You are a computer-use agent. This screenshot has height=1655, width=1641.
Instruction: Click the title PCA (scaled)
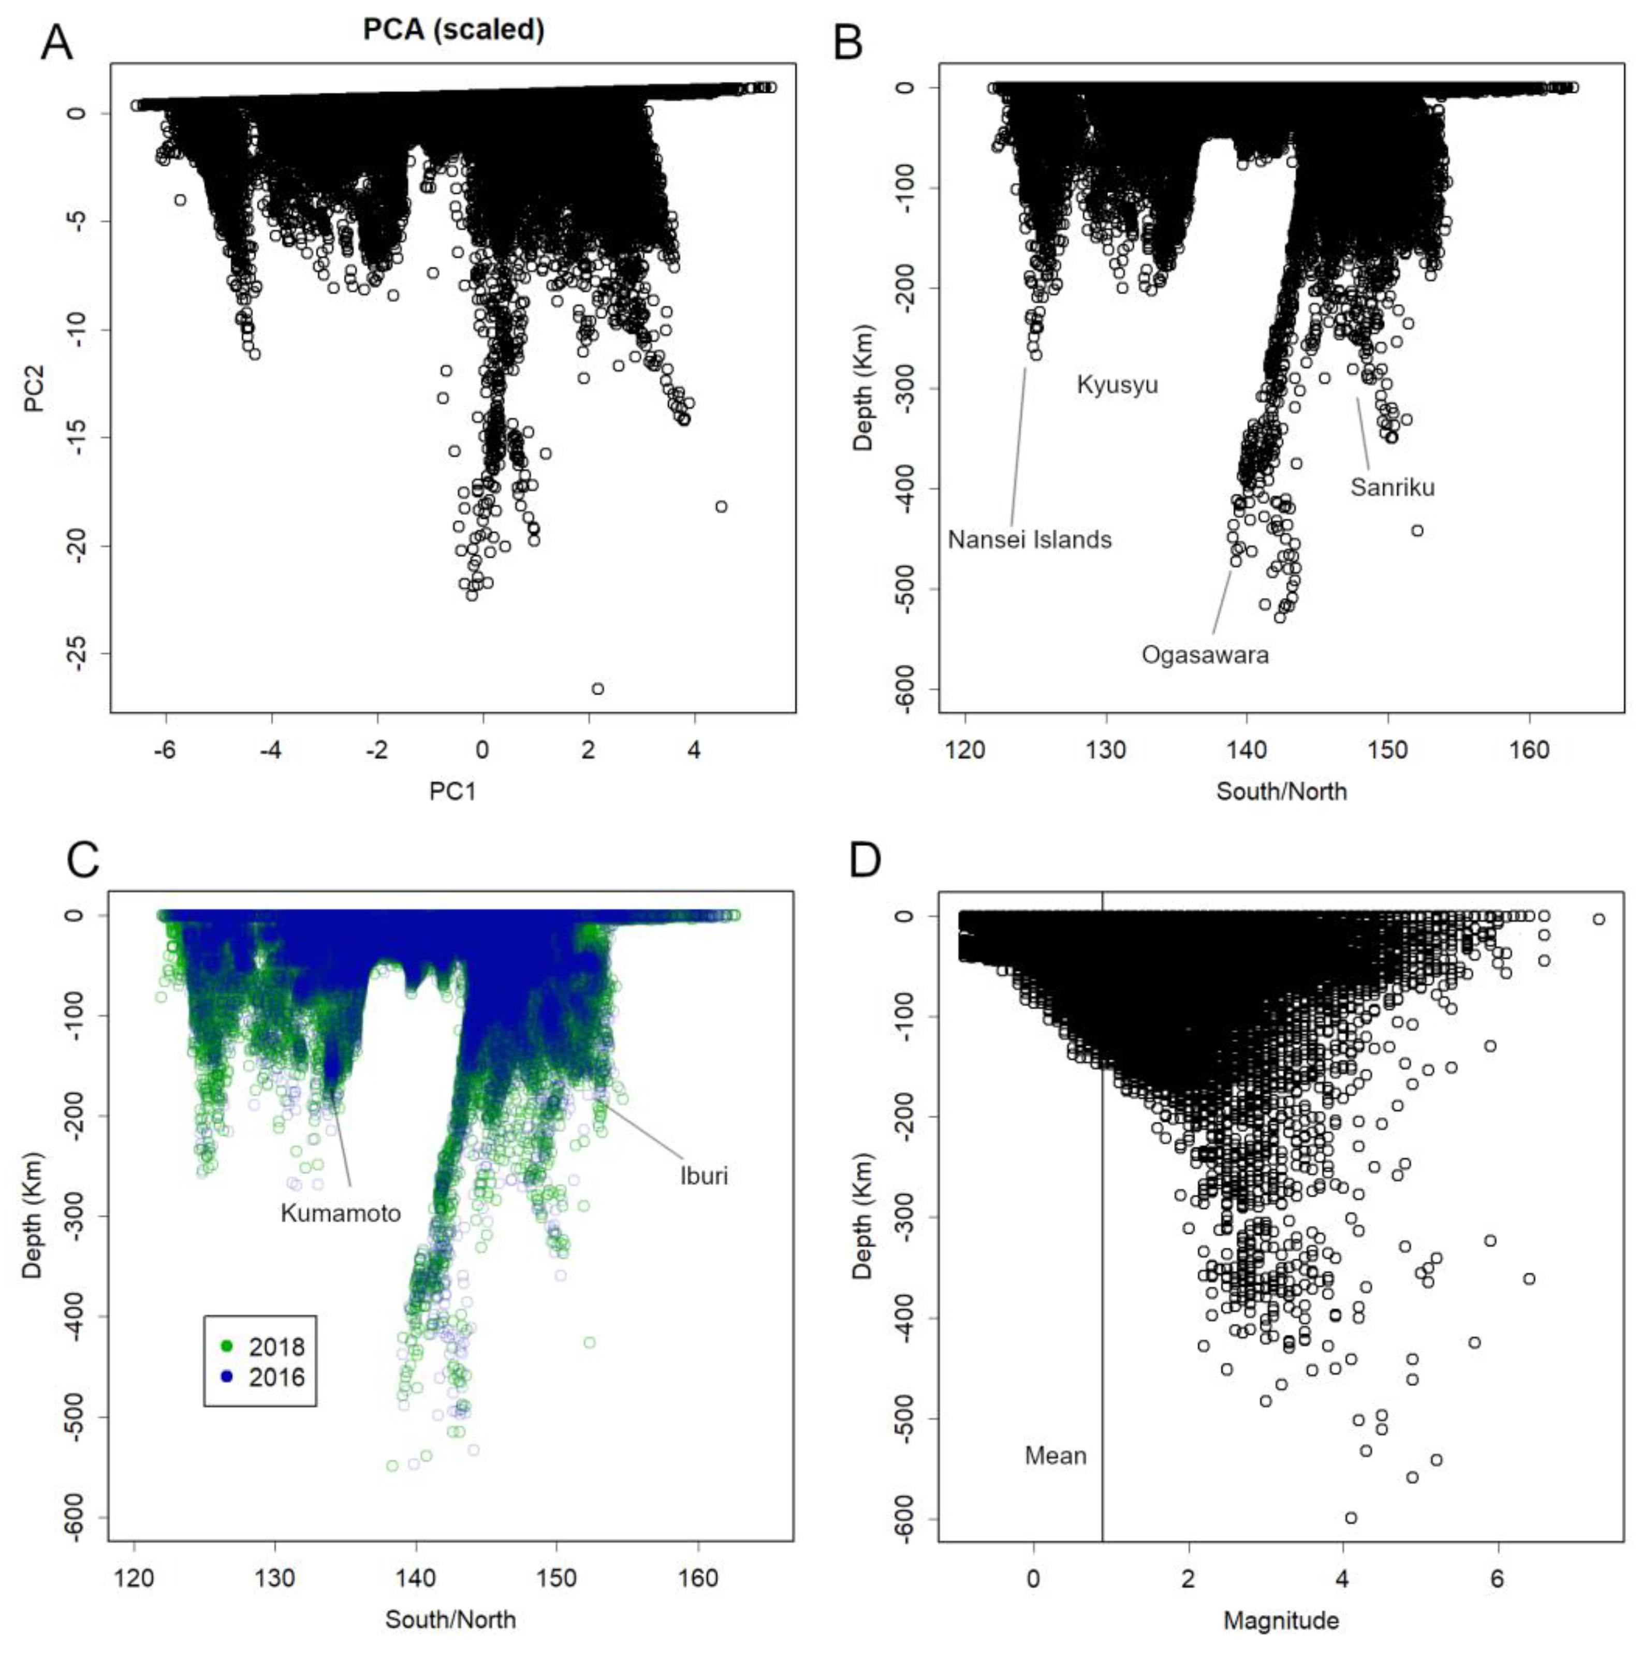(453, 30)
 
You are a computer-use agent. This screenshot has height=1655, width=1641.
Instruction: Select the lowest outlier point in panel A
(597, 689)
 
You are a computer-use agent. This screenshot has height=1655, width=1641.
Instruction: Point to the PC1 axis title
(452, 792)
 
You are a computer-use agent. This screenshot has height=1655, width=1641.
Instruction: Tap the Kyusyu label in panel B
(1117, 385)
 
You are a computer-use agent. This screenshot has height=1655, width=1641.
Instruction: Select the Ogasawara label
(1205, 655)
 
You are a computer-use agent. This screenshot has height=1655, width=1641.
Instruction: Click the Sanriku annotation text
(1392, 488)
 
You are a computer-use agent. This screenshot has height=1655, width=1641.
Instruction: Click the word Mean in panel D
(1055, 1455)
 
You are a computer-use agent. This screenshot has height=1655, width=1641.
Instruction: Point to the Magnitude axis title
(1280, 1620)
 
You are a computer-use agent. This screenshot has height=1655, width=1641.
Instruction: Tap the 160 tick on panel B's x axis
(1529, 751)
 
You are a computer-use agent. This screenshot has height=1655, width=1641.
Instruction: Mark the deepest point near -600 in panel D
(1351, 1518)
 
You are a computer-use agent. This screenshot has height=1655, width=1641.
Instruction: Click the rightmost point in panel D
(1598, 919)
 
